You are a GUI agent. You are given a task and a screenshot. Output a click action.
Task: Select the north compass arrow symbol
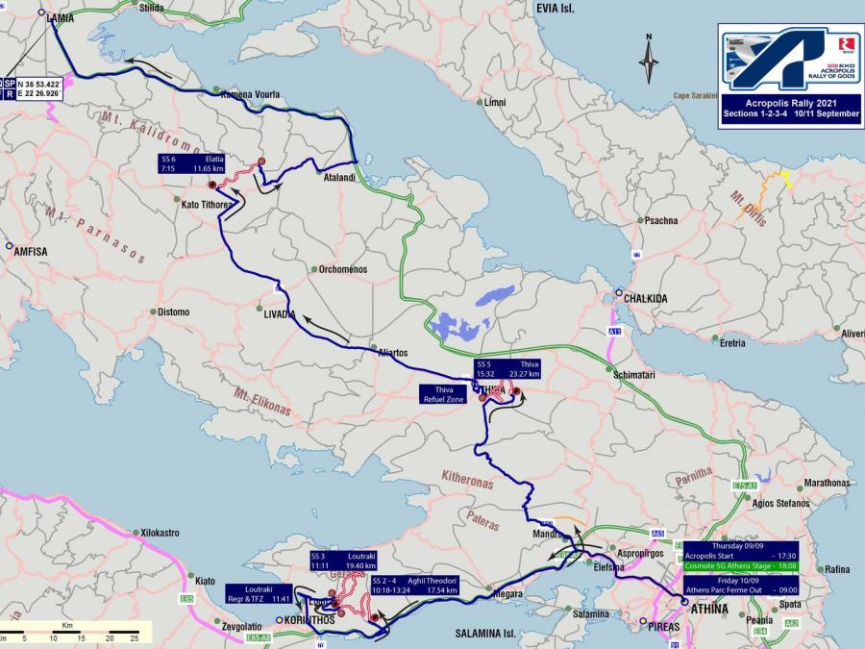649,60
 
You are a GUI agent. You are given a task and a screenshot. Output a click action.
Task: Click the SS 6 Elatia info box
193,162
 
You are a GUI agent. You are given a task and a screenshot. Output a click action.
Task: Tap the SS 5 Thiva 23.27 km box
507,369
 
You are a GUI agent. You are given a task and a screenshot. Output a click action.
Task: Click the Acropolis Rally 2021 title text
786,102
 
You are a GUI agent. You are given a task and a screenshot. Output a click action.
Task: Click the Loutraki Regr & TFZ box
259,593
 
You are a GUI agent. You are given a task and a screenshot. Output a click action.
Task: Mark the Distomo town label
174,312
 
